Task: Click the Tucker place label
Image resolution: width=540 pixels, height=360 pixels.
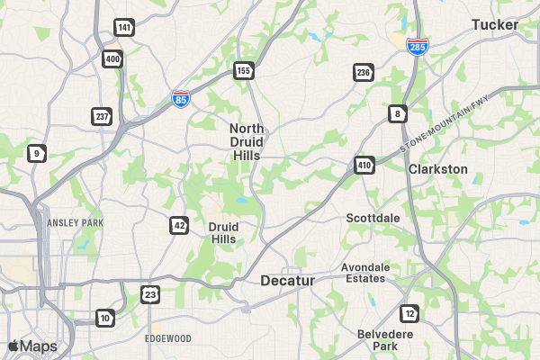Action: [495, 24]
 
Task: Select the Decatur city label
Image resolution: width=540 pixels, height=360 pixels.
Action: [287, 281]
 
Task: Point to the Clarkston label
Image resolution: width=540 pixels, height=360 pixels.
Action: [438, 169]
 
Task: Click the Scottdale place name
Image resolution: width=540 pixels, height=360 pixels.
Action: [373, 218]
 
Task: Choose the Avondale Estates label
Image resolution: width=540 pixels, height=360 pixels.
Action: [365, 273]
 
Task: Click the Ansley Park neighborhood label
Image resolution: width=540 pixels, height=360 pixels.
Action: [75, 222]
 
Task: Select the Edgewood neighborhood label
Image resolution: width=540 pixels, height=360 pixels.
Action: [168, 338]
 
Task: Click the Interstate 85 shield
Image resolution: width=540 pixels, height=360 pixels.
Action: [181, 98]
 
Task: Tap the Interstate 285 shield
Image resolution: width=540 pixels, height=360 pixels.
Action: [417, 46]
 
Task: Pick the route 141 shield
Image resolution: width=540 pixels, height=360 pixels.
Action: [124, 28]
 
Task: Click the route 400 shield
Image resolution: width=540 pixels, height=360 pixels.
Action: [112, 59]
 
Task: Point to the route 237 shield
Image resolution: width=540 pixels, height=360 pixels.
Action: [102, 116]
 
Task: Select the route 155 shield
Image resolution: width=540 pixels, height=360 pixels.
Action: [243, 70]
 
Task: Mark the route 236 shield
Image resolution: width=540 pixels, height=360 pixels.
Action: [363, 72]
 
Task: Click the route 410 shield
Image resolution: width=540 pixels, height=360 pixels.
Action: [364, 166]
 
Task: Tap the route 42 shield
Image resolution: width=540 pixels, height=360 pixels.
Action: [179, 225]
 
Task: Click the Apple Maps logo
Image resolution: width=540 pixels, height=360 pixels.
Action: [32, 346]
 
